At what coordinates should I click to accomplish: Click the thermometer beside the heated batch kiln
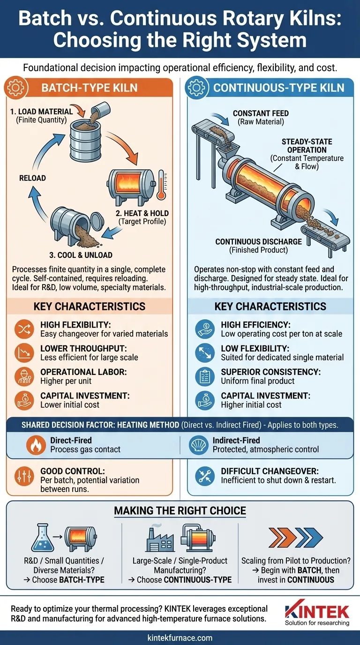tap(161, 185)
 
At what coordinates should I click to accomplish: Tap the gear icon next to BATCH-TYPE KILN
tap(16, 88)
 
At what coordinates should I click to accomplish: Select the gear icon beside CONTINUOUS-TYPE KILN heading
tap(196, 88)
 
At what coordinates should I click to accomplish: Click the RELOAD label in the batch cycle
tap(32, 178)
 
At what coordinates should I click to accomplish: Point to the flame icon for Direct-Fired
tap(36, 445)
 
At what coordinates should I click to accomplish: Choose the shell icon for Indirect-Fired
tap(199, 445)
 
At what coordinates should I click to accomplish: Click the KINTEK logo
tap(317, 612)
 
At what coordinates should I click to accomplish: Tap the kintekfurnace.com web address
tap(180, 637)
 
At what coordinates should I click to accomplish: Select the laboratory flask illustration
tap(43, 537)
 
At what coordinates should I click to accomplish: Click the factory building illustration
tap(160, 538)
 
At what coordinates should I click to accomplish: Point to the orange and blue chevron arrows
tap(296, 537)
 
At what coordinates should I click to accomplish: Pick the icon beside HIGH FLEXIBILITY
tap(24, 329)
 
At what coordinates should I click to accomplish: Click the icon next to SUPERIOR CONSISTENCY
tap(205, 376)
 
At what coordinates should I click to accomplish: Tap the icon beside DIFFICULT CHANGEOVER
tap(205, 475)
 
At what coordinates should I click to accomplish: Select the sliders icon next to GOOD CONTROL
tap(24, 475)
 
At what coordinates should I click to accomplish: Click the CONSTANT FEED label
tap(261, 113)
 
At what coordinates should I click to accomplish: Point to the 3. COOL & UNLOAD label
tap(81, 255)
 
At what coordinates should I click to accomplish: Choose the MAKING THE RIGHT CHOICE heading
tap(180, 510)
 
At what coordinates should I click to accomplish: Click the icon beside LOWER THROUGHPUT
tap(24, 352)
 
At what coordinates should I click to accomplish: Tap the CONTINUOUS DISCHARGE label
tap(259, 241)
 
